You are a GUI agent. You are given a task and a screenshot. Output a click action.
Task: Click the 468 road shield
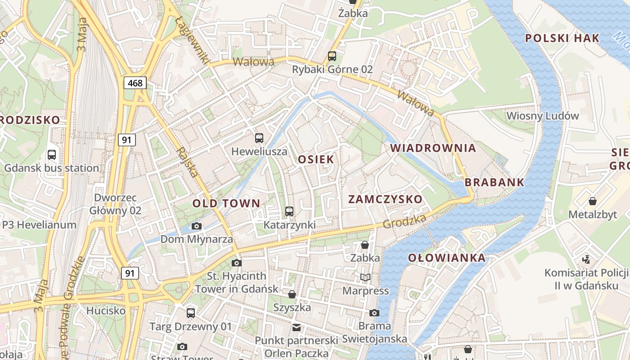pos(135,83)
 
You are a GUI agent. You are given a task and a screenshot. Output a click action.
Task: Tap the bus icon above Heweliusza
pos(259,138)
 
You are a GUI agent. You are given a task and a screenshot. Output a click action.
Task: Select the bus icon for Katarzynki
pos(289,211)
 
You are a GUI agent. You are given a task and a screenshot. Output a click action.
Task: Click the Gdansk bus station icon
pos(52,155)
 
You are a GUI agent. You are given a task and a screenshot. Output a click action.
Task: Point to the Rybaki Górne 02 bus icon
pos(332,56)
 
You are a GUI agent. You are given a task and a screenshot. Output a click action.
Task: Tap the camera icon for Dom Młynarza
pos(197,226)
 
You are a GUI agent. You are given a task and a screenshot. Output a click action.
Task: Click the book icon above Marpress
pos(365,278)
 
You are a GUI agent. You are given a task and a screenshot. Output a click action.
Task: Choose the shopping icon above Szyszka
pos(292,295)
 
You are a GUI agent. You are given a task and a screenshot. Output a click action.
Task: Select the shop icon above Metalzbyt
pos(593,201)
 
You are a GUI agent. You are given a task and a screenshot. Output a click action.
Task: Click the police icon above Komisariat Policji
pos(586,259)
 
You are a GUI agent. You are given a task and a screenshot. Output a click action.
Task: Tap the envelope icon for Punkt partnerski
pos(296,327)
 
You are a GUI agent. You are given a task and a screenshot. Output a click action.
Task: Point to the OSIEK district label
pos(316,159)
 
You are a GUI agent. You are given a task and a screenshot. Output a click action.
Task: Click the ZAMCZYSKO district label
pos(386,199)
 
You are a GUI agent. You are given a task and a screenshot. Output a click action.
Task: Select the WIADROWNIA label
pos(433,148)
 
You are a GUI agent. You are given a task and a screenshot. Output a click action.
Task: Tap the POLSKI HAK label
pos(562,38)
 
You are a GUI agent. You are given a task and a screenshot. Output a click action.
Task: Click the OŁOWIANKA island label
pos(447,258)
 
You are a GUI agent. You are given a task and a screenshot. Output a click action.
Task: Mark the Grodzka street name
pos(405,221)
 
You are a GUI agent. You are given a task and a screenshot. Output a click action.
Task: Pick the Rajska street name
pos(188,162)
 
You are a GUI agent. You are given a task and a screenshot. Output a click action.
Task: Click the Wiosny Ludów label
pos(543,116)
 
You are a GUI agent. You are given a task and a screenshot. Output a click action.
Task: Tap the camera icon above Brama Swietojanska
pos(374,313)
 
